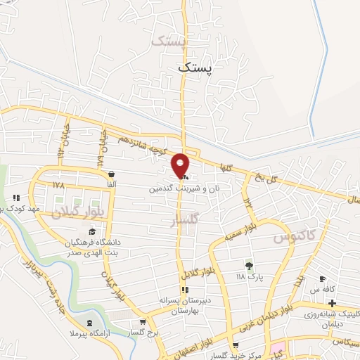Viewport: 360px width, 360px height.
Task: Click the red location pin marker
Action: click(181, 165)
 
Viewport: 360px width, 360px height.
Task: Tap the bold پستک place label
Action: click(194, 68)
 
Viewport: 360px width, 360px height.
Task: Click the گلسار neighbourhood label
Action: click(185, 220)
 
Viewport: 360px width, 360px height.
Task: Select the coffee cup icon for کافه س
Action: click(323, 278)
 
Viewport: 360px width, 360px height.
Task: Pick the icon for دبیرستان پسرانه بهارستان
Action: click(185, 290)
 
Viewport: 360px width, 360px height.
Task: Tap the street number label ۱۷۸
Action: click(58, 186)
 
